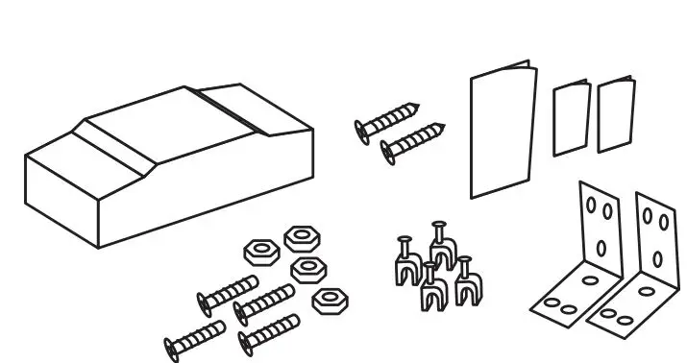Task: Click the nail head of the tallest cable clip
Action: tap(439, 227)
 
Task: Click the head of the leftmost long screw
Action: tap(176, 344)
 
